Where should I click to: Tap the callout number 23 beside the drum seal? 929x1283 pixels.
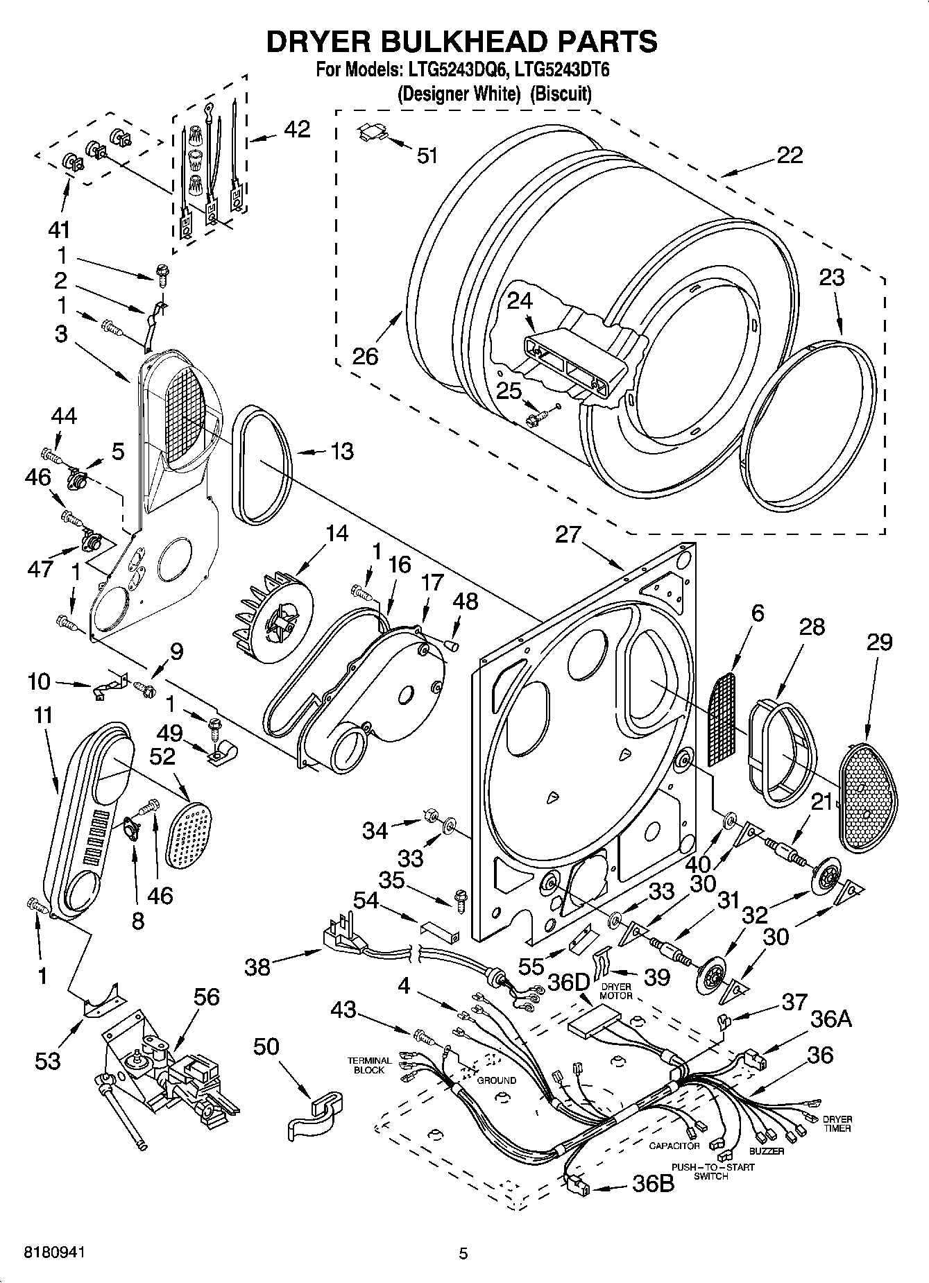coord(832,277)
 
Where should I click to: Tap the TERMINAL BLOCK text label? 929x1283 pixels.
coord(369,1065)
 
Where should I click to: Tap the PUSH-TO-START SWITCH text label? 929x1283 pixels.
coord(710,1171)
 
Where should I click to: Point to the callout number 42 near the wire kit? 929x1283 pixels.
coord(296,129)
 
